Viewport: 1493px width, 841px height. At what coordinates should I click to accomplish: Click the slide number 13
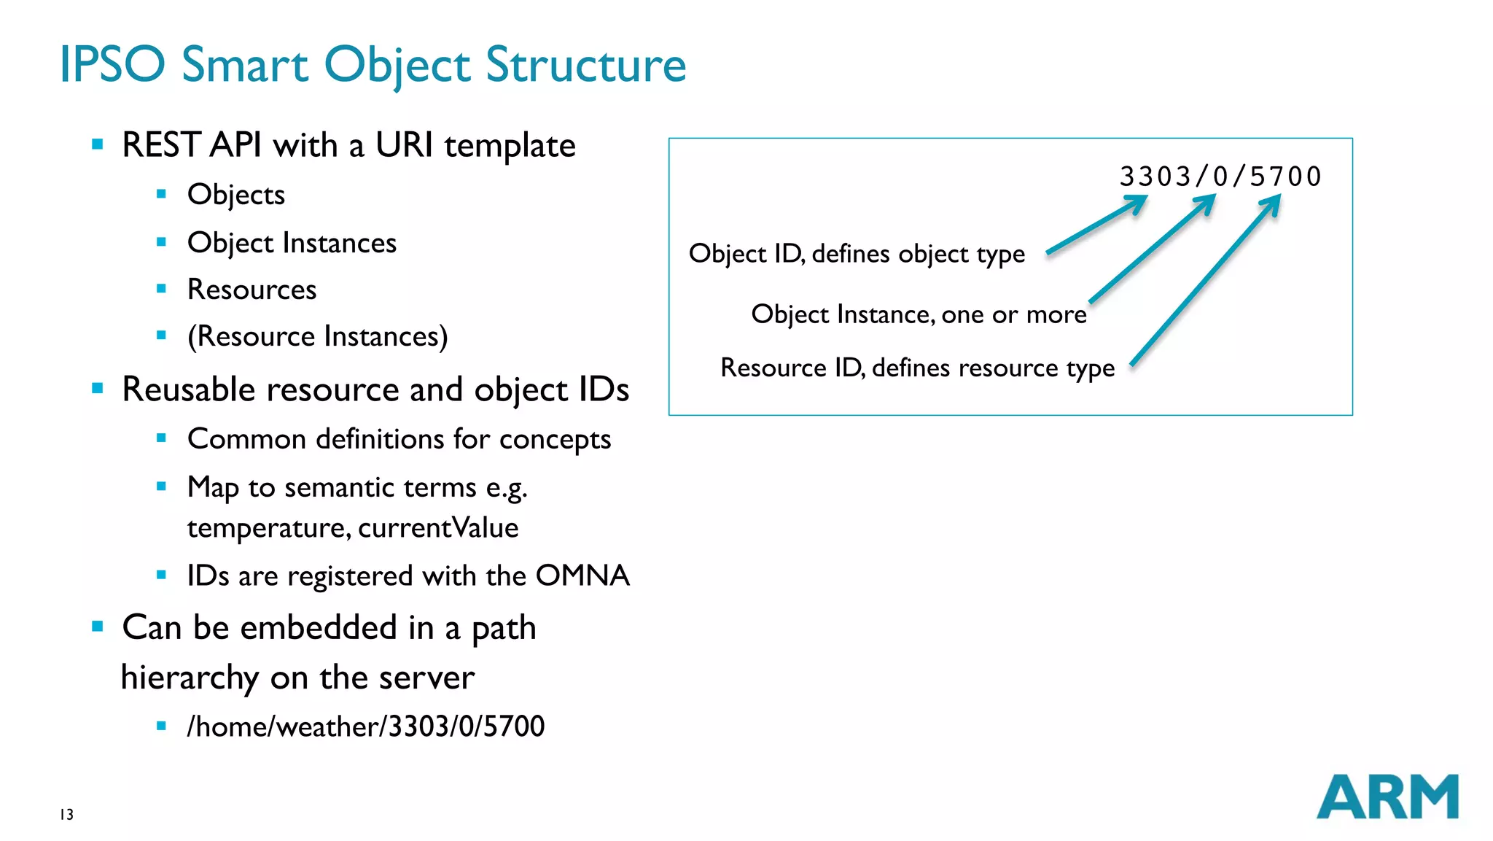tap(66, 815)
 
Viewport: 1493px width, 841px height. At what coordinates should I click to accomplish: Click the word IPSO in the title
tap(112, 64)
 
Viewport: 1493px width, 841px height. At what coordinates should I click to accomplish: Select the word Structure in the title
tap(585, 66)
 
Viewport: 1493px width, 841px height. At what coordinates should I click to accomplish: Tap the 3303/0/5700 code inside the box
tap(1220, 177)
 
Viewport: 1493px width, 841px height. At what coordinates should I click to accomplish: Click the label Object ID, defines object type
tap(857, 254)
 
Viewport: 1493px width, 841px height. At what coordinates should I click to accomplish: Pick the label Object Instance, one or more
tap(919, 314)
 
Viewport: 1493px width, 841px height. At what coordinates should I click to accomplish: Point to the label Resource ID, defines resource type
tap(917, 368)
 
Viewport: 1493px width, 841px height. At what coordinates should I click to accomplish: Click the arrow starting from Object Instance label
tap(1152, 249)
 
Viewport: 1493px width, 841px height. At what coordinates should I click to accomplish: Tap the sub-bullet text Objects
tap(235, 195)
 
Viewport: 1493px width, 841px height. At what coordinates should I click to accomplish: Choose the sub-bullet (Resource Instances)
tap(317, 336)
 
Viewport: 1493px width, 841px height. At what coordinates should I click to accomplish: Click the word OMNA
tap(582, 575)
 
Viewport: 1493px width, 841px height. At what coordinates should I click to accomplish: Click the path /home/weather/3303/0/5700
tap(365, 726)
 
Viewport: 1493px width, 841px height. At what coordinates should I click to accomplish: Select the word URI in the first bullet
tap(404, 145)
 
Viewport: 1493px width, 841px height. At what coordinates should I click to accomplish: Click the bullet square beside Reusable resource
tap(98, 388)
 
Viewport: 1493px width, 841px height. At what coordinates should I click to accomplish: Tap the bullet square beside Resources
tap(161, 289)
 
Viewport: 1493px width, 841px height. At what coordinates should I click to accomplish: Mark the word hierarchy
tap(190, 678)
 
